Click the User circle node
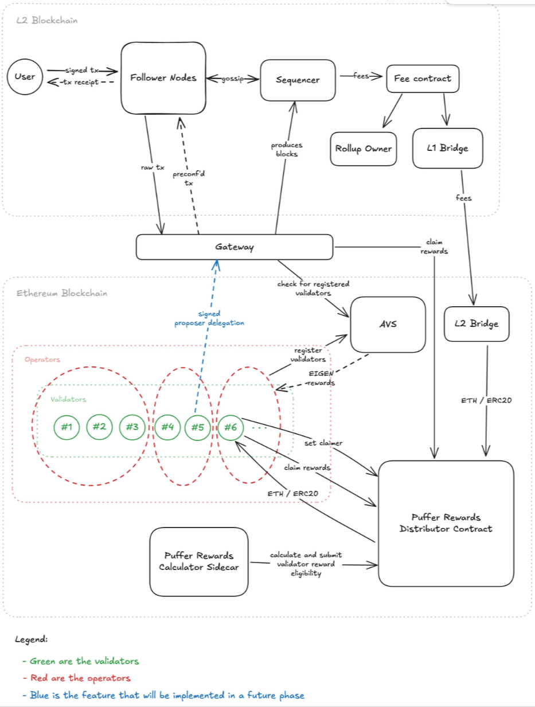[x=25, y=77]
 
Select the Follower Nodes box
[x=163, y=78]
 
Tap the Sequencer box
[x=297, y=80]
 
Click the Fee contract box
[x=423, y=79]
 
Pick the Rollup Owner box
[x=364, y=149]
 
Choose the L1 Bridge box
[x=448, y=149]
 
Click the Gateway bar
[x=234, y=247]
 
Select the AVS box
[x=388, y=324]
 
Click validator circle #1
[x=67, y=427]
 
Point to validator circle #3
[x=132, y=427]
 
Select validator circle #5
[x=198, y=427]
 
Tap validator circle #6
[x=231, y=427]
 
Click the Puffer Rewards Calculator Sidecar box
[x=198, y=562]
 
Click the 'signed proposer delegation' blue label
[x=209, y=319]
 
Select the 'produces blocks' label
[x=287, y=149]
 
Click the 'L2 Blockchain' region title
[x=46, y=21]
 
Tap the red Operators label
[x=42, y=360]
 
